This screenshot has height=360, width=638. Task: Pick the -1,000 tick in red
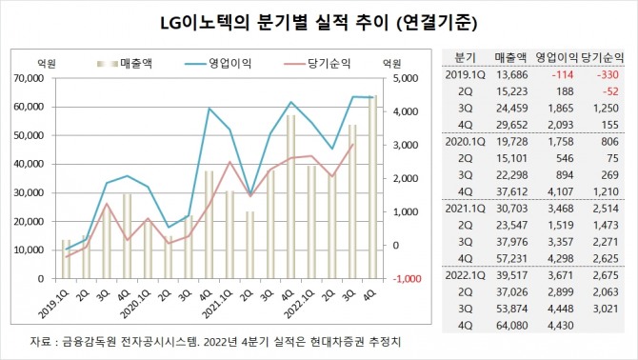click(x=407, y=279)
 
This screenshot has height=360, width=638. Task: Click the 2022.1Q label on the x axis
click(x=289, y=306)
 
